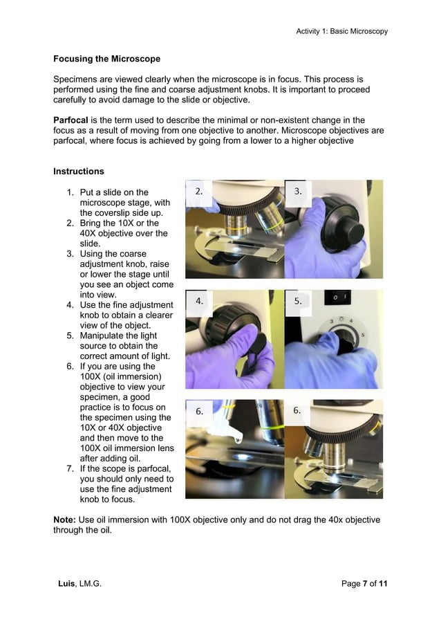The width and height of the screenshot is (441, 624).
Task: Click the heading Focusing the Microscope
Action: pos(106,59)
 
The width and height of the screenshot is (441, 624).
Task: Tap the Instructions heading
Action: pos(78,171)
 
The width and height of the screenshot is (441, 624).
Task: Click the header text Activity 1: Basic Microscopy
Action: pos(341,31)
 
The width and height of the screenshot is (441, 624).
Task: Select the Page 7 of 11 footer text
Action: pos(364,584)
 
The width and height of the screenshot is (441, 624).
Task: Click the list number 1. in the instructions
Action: pos(71,192)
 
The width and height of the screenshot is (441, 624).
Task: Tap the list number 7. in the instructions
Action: pos(71,468)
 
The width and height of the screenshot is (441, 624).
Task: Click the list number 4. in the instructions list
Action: pos(71,304)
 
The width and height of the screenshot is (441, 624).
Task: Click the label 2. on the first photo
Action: pos(199,191)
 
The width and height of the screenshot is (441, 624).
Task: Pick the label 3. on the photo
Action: pos(299,191)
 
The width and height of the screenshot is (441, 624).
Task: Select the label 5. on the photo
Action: pos(299,301)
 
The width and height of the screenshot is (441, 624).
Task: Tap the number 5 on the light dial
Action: pos(363,335)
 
